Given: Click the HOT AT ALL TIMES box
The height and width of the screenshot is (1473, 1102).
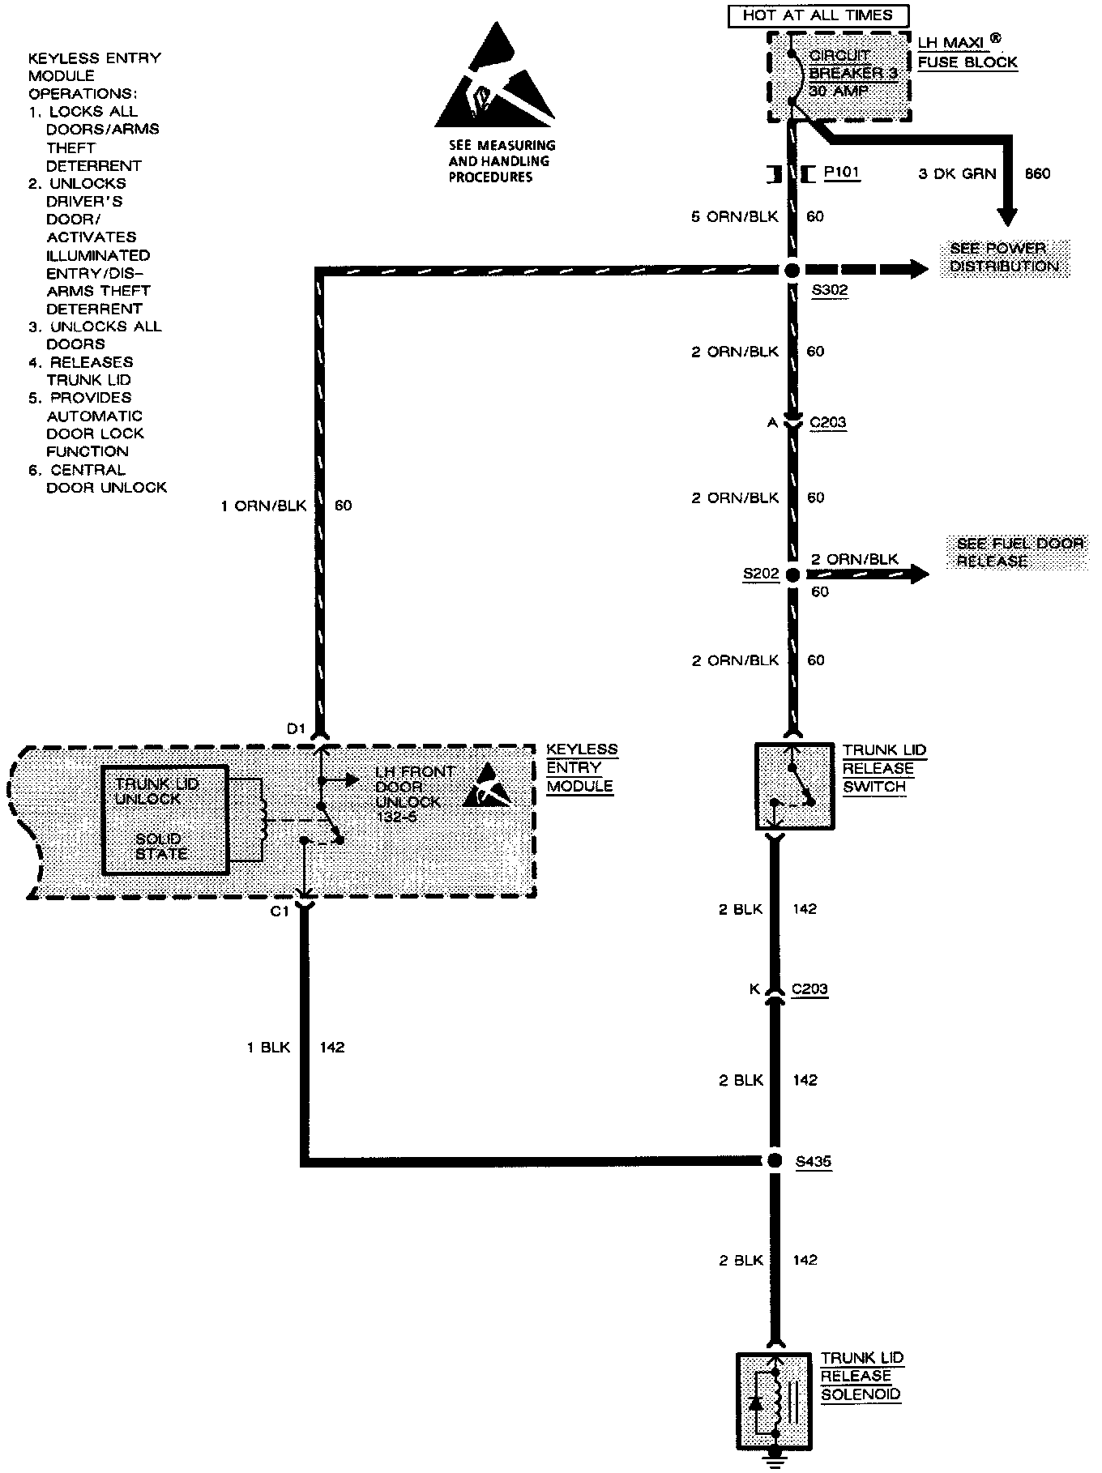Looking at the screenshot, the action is click(818, 15).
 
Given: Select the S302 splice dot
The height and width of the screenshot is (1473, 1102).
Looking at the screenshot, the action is click(792, 271).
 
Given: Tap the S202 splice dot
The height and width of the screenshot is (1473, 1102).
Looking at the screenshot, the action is click(792, 574).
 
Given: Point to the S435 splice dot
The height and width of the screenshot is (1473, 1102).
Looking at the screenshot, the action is click(775, 1160).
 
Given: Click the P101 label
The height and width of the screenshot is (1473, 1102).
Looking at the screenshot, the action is click(841, 173).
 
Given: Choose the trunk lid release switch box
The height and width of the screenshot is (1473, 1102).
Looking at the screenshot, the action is click(794, 787).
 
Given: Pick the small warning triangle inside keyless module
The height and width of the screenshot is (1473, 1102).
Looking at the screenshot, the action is click(487, 785).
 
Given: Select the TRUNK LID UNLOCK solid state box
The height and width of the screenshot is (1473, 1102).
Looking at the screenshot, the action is click(165, 819).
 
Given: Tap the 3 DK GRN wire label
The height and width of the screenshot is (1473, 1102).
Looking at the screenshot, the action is click(957, 173).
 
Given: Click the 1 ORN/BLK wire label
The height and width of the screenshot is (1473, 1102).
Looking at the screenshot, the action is click(263, 506).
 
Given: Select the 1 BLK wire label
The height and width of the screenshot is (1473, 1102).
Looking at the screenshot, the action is click(268, 1048).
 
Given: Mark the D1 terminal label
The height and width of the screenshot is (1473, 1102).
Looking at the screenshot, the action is click(296, 728).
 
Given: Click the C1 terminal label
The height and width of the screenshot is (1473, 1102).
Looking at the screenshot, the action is click(280, 912).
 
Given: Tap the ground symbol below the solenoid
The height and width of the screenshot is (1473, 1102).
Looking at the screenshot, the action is click(776, 1462).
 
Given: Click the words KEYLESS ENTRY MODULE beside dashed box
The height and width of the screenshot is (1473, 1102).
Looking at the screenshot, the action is click(581, 767).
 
